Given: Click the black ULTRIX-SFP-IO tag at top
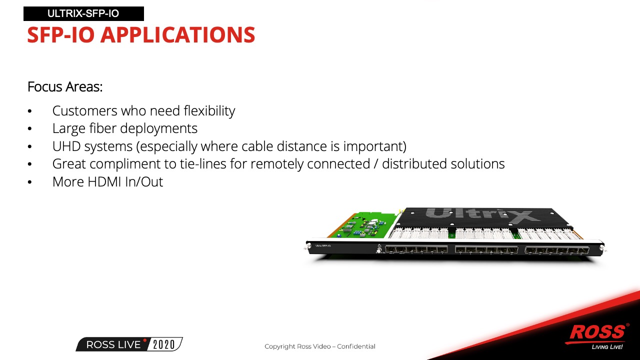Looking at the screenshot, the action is (x=83, y=13).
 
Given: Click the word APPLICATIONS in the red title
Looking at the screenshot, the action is (x=177, y=35).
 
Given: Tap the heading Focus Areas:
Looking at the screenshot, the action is (x=65, y=86).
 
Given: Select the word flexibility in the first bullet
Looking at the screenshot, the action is (x=209, y=111).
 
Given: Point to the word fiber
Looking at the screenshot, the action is (x=103, y=128).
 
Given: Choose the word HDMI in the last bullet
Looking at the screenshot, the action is (x=104, y=181).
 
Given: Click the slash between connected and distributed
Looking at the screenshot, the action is (x=376, y=164).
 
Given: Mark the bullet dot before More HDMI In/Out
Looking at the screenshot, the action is (x=29, y=182).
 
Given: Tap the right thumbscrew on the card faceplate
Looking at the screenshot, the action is (x=602, y=248).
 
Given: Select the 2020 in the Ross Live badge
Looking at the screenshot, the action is (x=163, y=344).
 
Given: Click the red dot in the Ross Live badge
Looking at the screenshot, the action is (x=145, y=340).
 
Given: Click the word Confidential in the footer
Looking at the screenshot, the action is (x=356, y=346).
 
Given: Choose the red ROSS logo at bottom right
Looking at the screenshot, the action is (x=597, y=332).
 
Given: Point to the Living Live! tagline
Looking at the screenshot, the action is (x=607, y=347).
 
